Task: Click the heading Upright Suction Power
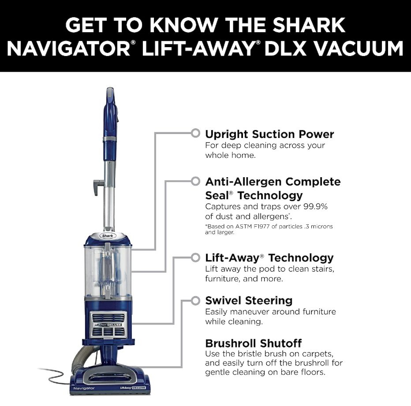click(x=269, y=134)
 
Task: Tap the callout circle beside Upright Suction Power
click(x=195, y=133)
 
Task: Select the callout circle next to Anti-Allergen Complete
click(x=195, y=181)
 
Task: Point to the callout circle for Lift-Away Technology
click(x=195, y=257)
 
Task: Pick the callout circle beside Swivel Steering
click(x=195, y=301)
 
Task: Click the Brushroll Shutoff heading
click(x=254, y=343)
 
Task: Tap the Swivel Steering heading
click(x=249, y=300)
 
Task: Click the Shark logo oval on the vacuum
click(x=108, y=236)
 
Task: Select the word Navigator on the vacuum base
click(x=84, y=388)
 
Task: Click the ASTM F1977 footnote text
click(x=269, y=229)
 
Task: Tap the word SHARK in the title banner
click(x=309, y=25)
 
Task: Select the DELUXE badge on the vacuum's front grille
click(x=115, y=325)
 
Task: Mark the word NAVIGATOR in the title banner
click(x=69, y=48)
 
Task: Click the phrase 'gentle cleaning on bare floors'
click(x=265, y=372)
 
